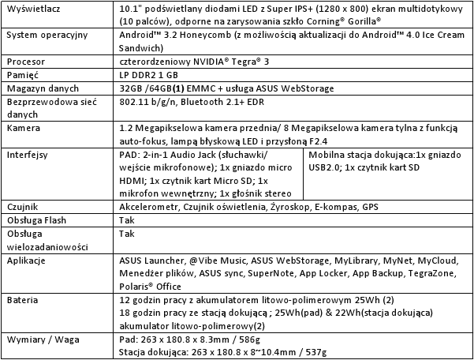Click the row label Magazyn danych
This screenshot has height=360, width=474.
(x=39, y=88)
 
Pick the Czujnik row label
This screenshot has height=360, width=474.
(x=23, y=207)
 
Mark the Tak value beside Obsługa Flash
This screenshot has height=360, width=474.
(x=126, y=220)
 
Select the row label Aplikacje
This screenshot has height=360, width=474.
(x=27, y=260)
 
